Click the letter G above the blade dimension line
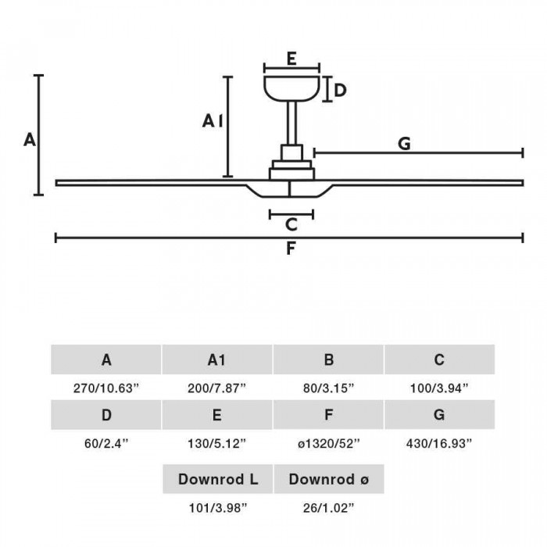(x=404, y=144)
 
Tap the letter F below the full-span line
(x=291, y=248)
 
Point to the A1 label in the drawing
(x=213, y=121)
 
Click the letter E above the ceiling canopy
(x=291, y=59)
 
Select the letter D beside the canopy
(x=340, y=91)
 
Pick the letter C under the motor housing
(x=291, y=224)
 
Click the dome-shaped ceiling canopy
(x=291, y=88)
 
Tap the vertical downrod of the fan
(x=292, y=123)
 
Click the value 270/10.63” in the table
(x=106, y=388)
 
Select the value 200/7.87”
(x=217, y=388)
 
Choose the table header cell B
(x=328, y=359)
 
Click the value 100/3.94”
(x=439, y=388)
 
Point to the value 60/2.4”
(x=106, y=443)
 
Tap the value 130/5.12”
(x=217, y=443)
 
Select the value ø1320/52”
(x=329, y=443)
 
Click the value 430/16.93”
(x=439, y=443)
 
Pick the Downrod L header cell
(x=218, y=479)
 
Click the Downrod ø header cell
(x=329, y=479)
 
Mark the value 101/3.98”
(x=218, y=508)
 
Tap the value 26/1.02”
(x=329, y=508)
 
